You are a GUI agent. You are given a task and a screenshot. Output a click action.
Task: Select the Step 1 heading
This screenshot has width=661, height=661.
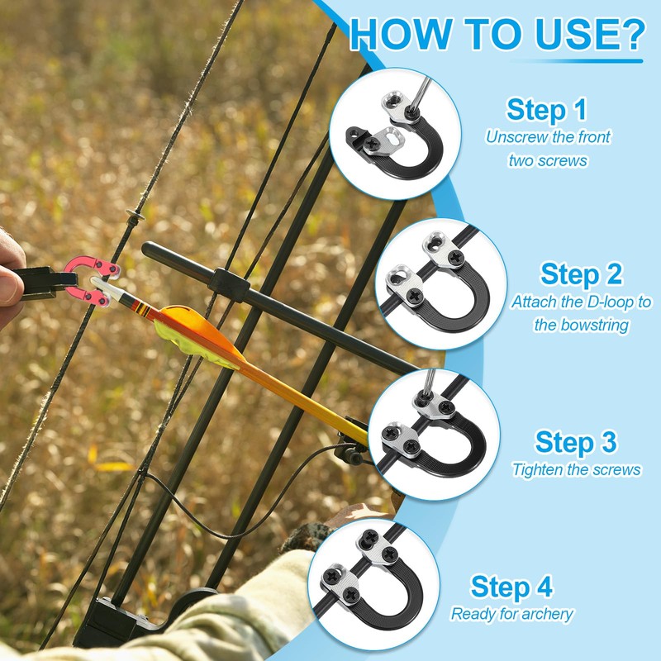pos(547,109)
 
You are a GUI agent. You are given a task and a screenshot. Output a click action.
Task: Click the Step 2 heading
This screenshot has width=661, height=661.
pos(581,273)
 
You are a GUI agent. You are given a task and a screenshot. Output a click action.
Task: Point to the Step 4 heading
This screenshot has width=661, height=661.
pos(511,587)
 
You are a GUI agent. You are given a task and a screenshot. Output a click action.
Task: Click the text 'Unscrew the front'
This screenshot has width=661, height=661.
pos(548,137)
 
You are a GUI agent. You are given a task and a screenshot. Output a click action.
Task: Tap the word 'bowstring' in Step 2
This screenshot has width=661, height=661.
pos(581,325)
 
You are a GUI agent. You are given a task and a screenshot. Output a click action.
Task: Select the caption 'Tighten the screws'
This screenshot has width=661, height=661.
pos(576,469)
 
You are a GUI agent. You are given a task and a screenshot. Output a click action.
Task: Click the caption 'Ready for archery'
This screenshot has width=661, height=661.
pos(511,614)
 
